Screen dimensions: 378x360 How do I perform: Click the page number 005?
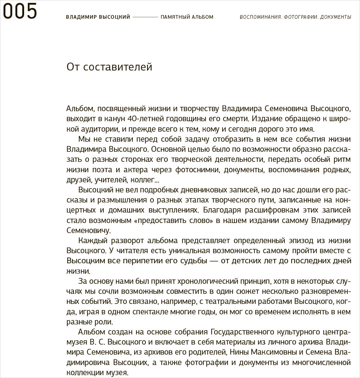pos(20,11)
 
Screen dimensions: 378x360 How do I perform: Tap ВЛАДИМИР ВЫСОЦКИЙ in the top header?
pos(98,17)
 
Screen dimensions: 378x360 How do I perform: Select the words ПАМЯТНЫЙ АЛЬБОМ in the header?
pos(187,17)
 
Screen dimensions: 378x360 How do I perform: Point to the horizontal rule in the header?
pos(145,17)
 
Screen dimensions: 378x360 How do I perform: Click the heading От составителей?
pos(109,67)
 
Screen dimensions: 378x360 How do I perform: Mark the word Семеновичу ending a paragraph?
pos(88,231)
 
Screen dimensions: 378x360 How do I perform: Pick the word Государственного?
pos(242,331)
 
